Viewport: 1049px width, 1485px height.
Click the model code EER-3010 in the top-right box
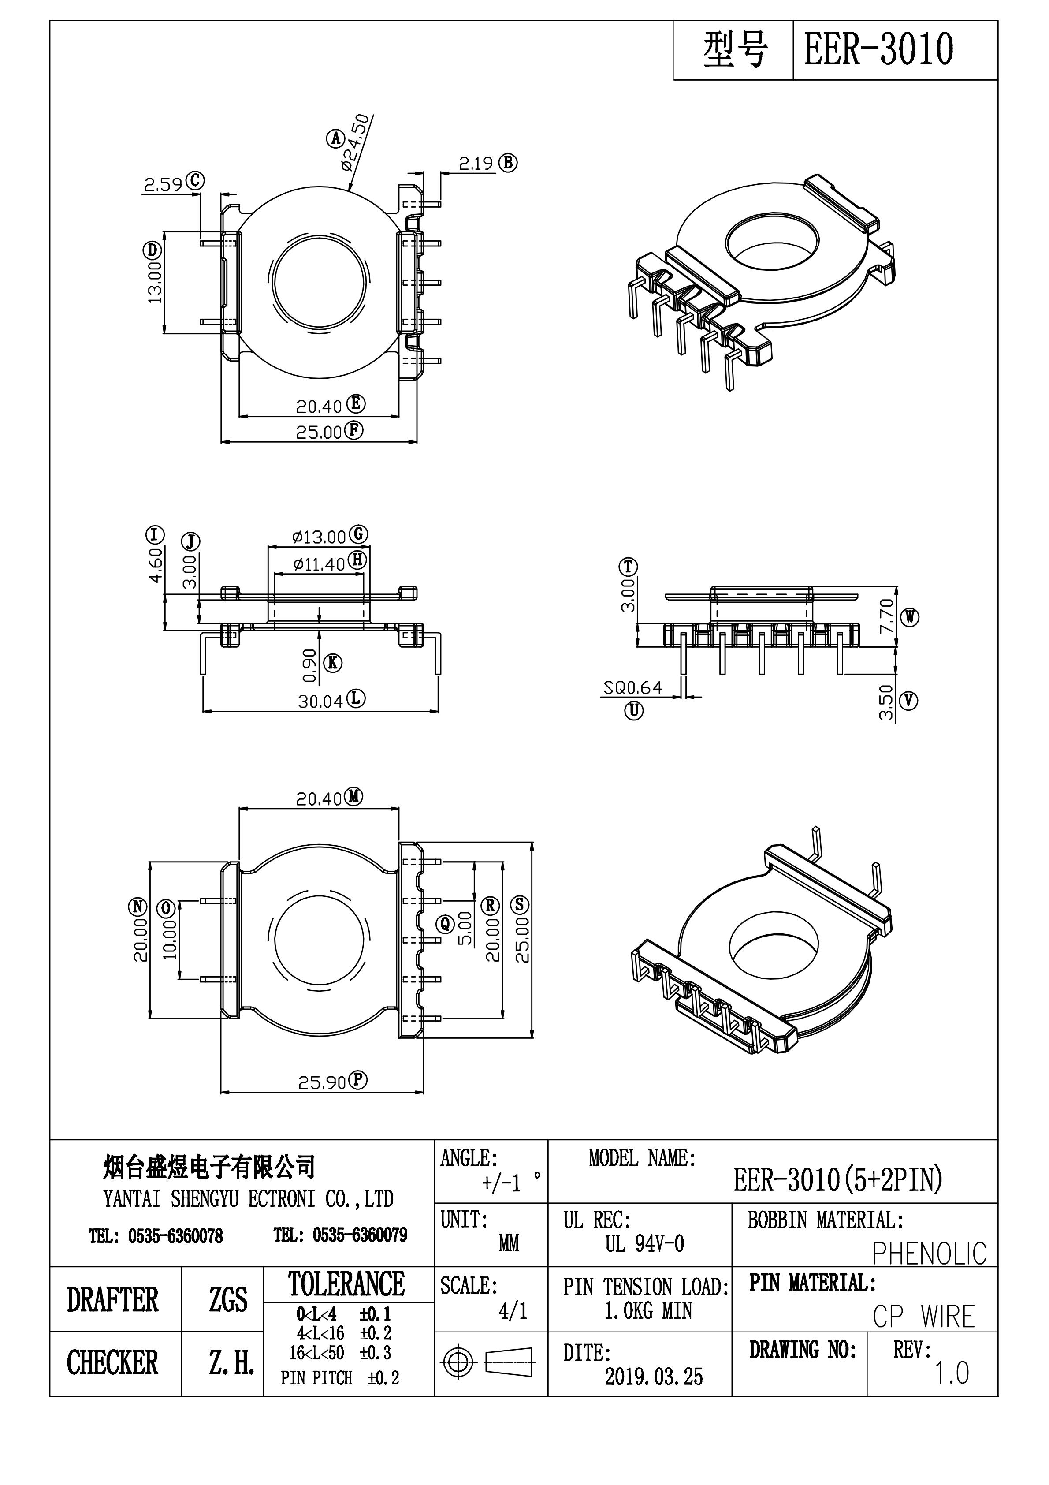pyautogui.click(x=878, y=50)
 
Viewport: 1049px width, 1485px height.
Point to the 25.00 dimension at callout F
pyautogui.click(x=318, y=432)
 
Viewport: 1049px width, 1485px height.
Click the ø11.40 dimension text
pyautogui.click(x=319, y=564)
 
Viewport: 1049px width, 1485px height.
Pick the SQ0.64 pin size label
pyautogui.click(x=632, y=687)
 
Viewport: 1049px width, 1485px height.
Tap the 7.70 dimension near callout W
pyautogui.click(x=887, y=615)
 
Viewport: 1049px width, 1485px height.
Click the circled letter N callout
pyautogui.click(x=138, y=907)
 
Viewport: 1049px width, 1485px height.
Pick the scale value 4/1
pyautogui.click(x=513, y=1311)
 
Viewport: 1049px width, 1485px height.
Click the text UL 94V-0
pyautogui.click(x=644, y=1244)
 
